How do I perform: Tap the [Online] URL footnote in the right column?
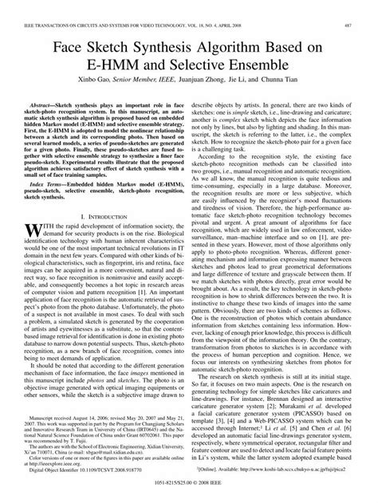[271, 471]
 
